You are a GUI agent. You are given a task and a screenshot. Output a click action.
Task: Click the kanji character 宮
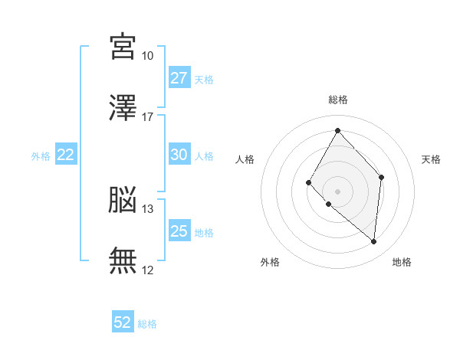(123, 47)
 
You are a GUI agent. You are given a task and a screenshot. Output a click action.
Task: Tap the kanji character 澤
(123, 108)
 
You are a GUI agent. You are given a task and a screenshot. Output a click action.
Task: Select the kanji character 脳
(123, 200)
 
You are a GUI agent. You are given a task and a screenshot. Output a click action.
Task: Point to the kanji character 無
(123, 260)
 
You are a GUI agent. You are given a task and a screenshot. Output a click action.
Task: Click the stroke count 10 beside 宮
(147, 56)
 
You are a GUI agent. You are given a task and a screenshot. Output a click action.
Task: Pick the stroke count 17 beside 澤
(147, 117)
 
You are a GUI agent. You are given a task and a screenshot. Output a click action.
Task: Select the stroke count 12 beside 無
(147, 270)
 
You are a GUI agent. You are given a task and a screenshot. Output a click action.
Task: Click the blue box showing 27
(179, 78)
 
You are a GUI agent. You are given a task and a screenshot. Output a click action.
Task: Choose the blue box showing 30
(179, 155)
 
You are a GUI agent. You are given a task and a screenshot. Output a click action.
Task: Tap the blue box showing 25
(179, 231)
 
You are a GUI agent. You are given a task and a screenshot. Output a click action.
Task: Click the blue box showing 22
(66, 155)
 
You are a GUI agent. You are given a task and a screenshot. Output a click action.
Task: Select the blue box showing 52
(123, 322)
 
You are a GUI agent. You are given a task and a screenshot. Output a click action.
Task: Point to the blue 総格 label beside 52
(147, 324)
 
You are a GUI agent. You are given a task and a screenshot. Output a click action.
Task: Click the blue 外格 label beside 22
(41, 156)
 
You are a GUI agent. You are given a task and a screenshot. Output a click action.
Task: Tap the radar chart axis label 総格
(337, 100)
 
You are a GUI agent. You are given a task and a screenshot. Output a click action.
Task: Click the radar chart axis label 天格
(432, 159)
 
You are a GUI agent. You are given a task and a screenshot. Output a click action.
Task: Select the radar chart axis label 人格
(245, 159)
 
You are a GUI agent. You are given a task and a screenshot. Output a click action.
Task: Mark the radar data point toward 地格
(374, 242)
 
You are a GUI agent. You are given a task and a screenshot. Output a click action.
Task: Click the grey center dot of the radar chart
(337, 191)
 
